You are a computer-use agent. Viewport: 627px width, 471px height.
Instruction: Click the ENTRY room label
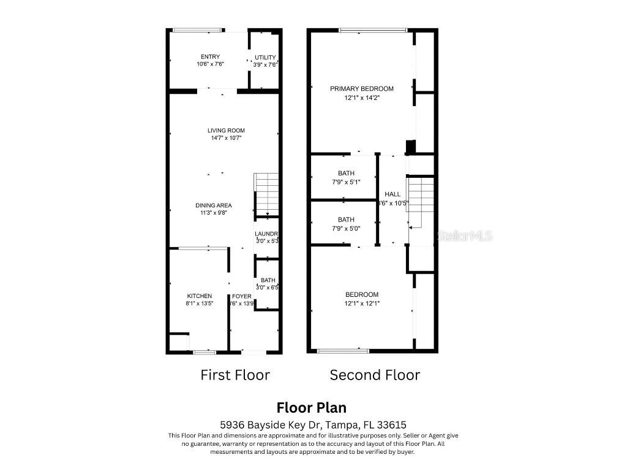(210, 57)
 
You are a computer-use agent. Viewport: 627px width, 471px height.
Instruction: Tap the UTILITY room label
(265, 58)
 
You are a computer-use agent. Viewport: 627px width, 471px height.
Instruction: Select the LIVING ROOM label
(226, 131)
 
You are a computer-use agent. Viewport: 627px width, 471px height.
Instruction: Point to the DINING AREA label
(214, 205)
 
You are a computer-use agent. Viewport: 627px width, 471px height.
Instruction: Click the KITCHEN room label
(200, 296)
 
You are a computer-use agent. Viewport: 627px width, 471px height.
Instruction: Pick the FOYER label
(241, 296)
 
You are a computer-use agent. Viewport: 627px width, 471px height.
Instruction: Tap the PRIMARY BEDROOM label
(361, 89)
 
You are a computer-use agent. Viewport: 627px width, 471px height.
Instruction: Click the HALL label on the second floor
(392, 194)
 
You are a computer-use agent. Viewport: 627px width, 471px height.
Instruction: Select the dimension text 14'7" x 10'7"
(226, 139)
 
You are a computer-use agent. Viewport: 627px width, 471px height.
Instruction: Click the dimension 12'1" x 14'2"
(361, 97)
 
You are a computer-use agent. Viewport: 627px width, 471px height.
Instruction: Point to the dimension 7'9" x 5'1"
(346, 182)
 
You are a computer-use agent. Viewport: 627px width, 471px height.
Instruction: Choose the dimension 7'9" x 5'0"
(346, 228)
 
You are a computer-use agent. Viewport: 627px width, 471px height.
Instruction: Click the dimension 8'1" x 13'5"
(200, 304)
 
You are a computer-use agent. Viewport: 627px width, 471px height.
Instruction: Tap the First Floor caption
(235, 375)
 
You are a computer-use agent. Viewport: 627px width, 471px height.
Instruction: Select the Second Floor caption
(375, 375)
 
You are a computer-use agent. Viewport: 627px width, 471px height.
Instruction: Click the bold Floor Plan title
(311, 408)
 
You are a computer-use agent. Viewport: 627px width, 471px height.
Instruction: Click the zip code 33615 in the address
(394, 424)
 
